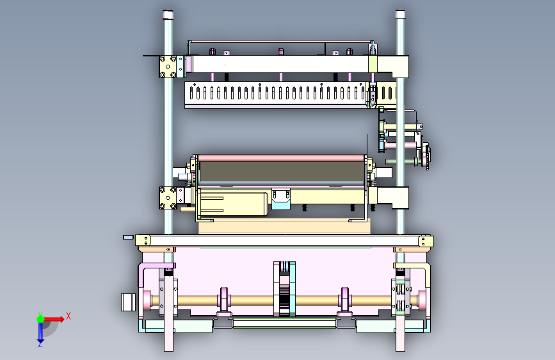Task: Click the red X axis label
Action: click(x=68, y=316)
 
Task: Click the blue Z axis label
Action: click(x=40, y=343)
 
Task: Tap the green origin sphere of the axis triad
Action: click(x=41, y=319)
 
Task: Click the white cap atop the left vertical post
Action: click(x=168, y=15)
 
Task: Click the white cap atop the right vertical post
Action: click(x=400, y=14)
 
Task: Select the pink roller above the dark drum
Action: click(x=282, y=158)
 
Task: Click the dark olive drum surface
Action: click(x=282, y=172)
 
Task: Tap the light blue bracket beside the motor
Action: click(x=281, y=199)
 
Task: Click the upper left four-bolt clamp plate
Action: click(x=168, y=66)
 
